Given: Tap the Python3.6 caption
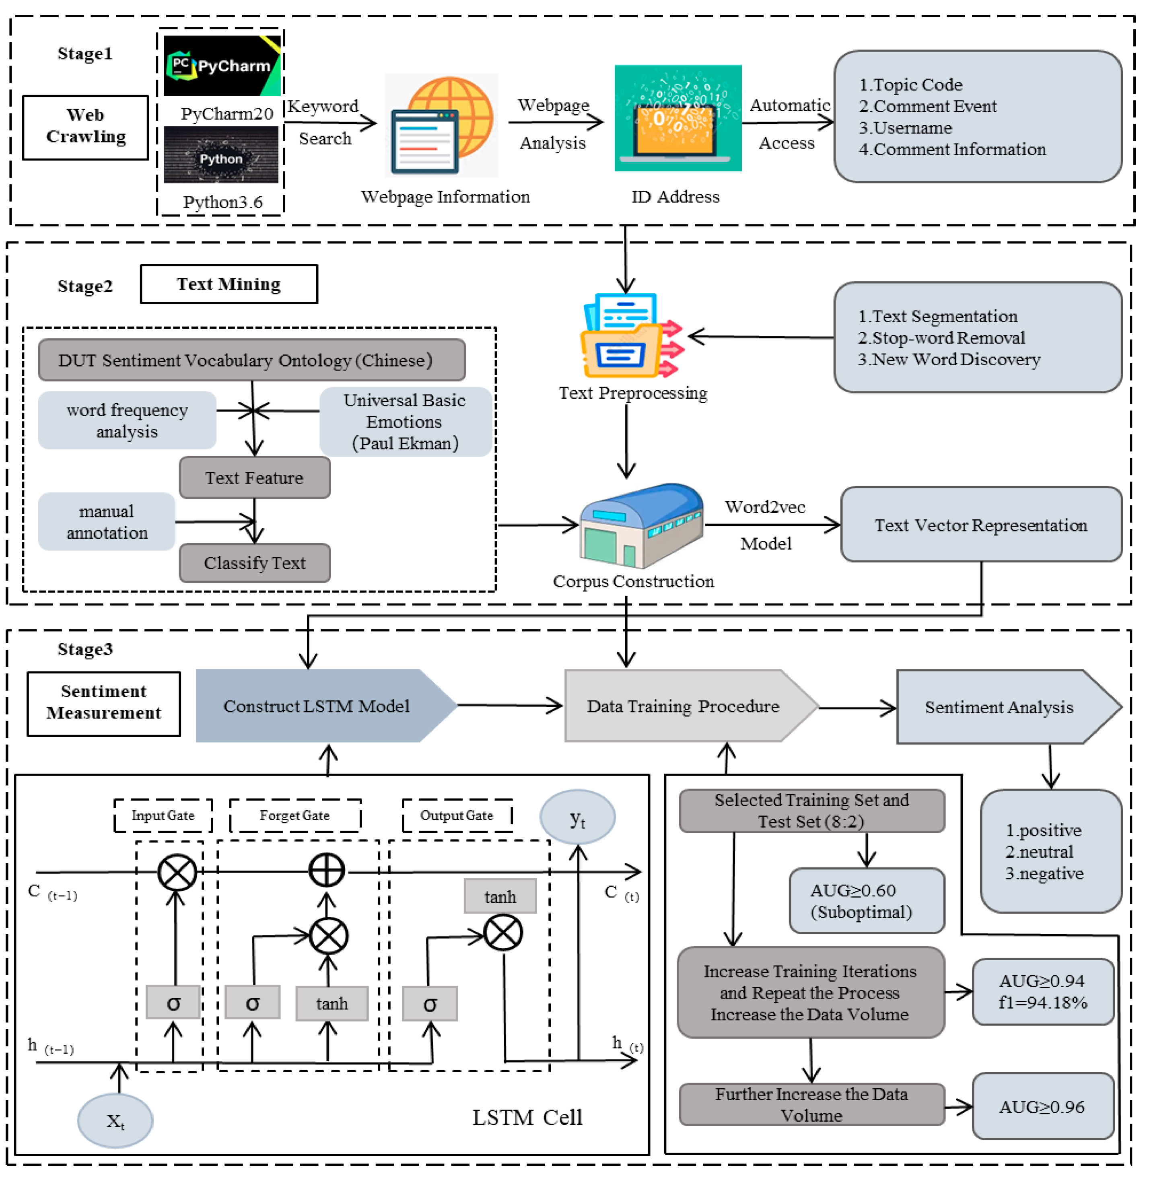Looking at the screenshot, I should coord(222,202).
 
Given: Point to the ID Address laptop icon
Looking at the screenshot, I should coord(677,118).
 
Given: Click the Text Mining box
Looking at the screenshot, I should coord(229,284).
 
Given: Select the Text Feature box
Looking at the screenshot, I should coord(254,478).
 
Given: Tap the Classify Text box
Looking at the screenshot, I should coord(254,563).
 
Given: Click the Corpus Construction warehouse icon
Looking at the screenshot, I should coord(640,525).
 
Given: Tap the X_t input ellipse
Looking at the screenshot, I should coord(115,1121).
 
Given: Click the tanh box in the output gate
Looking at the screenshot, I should coord(500,896).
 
